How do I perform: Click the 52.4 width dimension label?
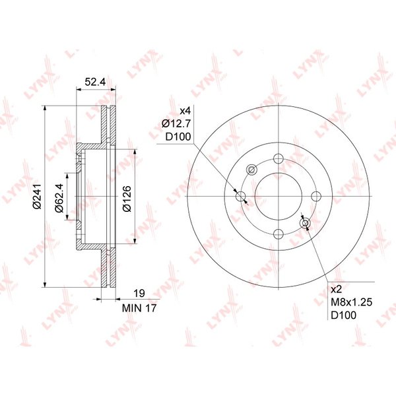(95, 82)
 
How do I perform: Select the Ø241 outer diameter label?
(37, 197)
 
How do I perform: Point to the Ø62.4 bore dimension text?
(59, 198)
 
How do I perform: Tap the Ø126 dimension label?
(127, 199)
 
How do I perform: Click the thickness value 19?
(139, 294)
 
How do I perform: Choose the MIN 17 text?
(139, 308)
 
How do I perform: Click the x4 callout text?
(185, 111)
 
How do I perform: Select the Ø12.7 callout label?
(176, 124)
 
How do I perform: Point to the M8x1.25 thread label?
(352, 302)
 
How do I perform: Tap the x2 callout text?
(337, 290)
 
